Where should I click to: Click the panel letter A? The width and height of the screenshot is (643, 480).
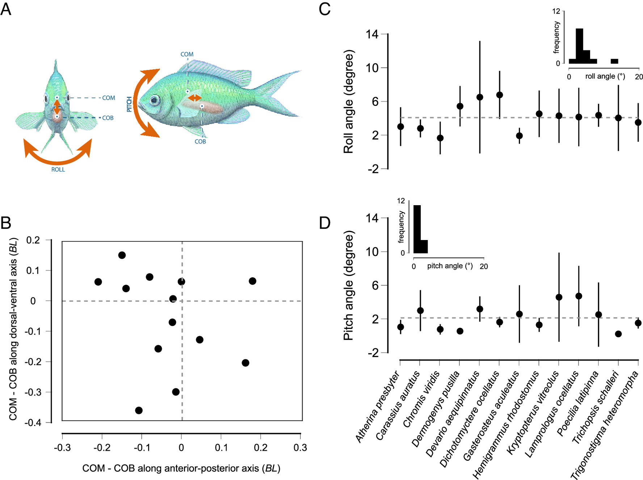[x=6, y=9]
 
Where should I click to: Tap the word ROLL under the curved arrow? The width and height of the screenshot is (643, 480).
[x=58, y=170]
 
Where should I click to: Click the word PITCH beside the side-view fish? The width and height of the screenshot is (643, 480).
[x=129, y=104]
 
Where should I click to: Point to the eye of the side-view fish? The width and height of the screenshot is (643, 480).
[x=155, y=100]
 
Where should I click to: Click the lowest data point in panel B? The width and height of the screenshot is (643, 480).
[x=139, y=410]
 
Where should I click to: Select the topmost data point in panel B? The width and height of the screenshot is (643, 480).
[x=122, y=255]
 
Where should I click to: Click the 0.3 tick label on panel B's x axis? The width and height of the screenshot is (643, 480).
[x=300, y=448]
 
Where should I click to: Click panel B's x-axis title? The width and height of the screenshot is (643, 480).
[x=181, y=468]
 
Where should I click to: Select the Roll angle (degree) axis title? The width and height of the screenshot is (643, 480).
[x=348, y=102]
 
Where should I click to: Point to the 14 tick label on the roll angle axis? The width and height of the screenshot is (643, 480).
[x=372, y=34]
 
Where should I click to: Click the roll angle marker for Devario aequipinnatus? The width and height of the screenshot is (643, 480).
[x=480, y=97]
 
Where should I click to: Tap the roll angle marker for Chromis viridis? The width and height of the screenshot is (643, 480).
[x=440, y=138]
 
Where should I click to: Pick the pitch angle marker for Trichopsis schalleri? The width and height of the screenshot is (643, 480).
[x=618, y=334]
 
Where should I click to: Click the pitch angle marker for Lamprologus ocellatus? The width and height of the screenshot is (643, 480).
[x=579, y=296]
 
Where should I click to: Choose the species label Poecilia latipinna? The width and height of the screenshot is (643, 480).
[x=578, y=404]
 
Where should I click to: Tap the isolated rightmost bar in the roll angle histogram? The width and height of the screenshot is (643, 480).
[x=614, y=61]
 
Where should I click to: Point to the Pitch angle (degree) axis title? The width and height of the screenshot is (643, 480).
[x=348, y=285]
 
